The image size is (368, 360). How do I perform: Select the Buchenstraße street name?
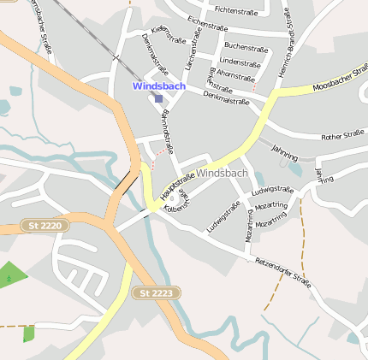(245, 46)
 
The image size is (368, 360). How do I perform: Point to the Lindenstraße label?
(240, 62)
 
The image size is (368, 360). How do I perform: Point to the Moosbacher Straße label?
(340, 84)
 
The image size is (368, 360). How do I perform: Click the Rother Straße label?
(342, 135)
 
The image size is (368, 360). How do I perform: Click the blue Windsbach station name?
(157, 86)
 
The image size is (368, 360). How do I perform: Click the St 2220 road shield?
(45, 225)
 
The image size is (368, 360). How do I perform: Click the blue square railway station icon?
(158, 98)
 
